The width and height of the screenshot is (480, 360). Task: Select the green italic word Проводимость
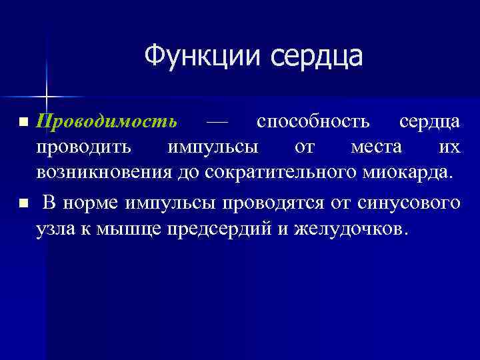(107, 121)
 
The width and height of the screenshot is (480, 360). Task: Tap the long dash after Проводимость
(217, 121)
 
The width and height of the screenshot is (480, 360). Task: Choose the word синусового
(409, 202)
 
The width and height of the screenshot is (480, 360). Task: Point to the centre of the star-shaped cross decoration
(47, 97)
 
